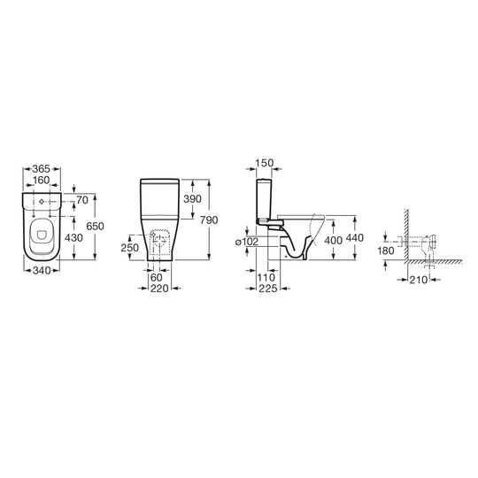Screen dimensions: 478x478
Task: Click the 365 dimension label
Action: [x=41, y=168]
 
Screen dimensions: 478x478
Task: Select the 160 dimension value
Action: [x=41, y=181]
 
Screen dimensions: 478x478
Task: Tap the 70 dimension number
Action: [x=82, y=200]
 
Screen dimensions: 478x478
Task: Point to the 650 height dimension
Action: [x=95, y=227]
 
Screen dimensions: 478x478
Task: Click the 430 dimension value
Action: [x=73, y=238]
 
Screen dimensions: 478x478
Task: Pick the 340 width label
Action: [x=41, y=270]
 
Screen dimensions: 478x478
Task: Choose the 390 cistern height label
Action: [x=192, y=199]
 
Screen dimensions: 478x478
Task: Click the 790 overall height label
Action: [x=209, y=220]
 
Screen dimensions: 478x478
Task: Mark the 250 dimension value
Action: [x=129, y=248]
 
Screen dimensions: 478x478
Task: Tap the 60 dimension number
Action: [x=157, y=278]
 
